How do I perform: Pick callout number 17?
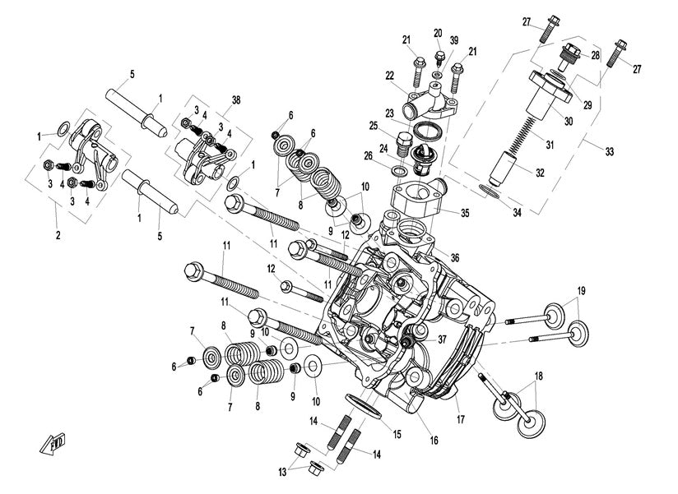(x=460, y=420)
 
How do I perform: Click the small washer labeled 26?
(x=398, y=171)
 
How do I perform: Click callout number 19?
(x=581, y=291)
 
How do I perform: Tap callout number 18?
(x=540, y=376)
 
